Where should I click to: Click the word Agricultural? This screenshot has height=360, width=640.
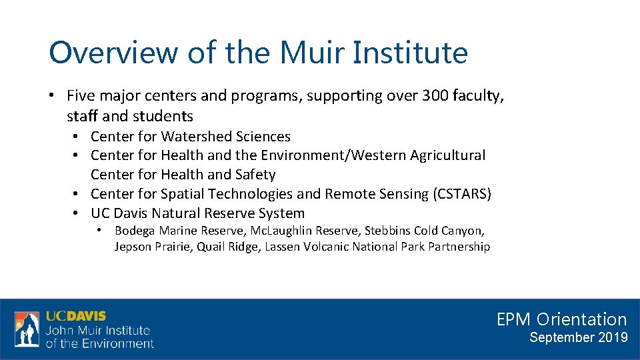(x=447, y=155)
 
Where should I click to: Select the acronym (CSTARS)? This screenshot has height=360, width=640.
(x=462, y=194)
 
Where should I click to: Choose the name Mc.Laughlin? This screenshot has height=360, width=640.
(x=276, y=231)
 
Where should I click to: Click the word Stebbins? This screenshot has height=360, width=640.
(x=386, y=231)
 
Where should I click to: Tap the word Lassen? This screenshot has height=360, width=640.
(x=283, y=247)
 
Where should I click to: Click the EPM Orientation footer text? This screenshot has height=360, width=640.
(x=561, y=319)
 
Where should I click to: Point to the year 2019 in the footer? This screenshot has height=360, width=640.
(x=613, y=337)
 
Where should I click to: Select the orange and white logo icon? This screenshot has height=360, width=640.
(x=27, y=329)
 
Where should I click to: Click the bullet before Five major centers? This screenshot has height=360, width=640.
(x=52, y=96)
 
